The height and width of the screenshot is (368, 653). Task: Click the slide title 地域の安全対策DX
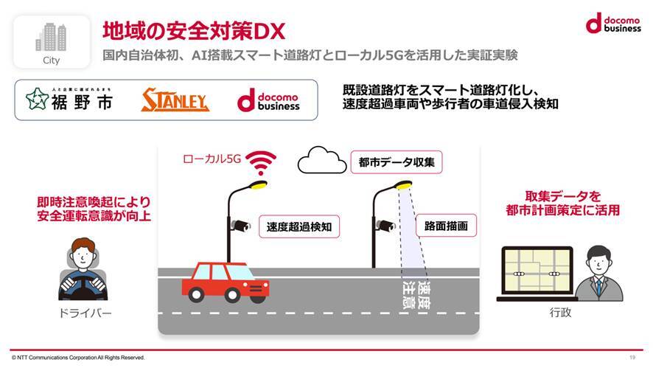pos(194,30)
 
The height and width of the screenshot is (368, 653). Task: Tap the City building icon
pos(50,36)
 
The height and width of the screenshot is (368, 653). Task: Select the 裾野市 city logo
pos(69,100)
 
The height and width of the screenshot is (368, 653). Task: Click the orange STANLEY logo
pos(175,100)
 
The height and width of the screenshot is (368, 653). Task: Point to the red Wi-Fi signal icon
pos(261,160)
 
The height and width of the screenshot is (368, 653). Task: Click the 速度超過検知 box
pos(298,227)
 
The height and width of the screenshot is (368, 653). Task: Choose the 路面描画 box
pos(446,226)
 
